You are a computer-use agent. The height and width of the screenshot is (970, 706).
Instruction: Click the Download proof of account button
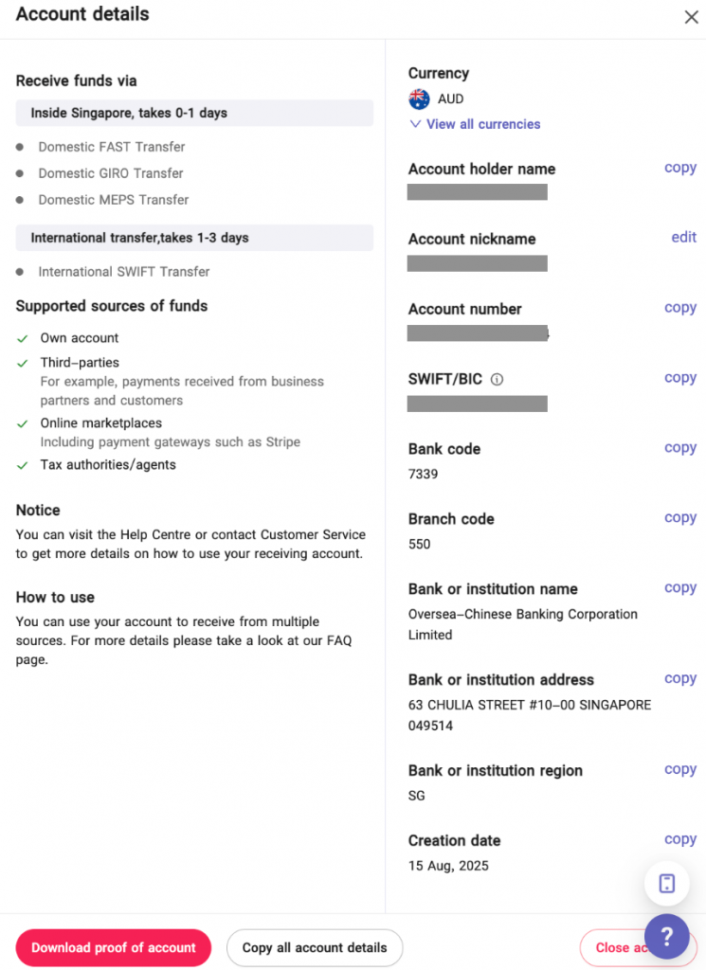pyautogui.click(x=114, y=947)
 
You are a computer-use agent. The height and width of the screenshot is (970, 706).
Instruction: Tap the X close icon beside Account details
pyautogui.click(x=691, y=17)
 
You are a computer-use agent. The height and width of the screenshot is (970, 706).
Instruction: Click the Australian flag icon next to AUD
pyautogui.click(x=419, y=99)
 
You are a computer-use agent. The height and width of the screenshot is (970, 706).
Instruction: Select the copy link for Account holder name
pyautogui.click(x=680, y=168)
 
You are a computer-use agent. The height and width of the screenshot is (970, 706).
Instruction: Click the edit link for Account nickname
pyautogui.click(x=684, y=238)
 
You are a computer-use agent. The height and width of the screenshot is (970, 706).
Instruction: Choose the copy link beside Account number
pyautogui.click(x=680, y=308)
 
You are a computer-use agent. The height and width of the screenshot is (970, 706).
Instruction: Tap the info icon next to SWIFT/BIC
pyautogui.click(x=498, y=380)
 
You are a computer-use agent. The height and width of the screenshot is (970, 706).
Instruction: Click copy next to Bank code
pyautogui.click(x=680, y=448)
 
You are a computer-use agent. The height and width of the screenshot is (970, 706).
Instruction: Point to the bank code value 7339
pyautogui.click(x=424, y=474)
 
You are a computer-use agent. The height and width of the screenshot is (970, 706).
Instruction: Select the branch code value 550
pyautogui.click(x=420, y=544)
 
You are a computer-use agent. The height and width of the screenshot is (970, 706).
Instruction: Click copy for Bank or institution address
pyautogui.click(x=680, y=678)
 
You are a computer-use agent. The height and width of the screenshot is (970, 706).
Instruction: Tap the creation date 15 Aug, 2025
pyautogui.click(x=448, y=866)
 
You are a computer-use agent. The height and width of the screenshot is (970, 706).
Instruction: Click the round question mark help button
pyautogui.click(x=667, y=937)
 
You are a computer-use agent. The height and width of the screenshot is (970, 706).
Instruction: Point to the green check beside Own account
pyautogui.click(x=23, y=338)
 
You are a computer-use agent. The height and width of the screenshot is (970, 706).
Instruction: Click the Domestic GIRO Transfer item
pyautogui.click(x=111, y=173)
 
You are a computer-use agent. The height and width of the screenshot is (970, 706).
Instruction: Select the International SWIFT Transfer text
pyautogui.click(x=124, y=272)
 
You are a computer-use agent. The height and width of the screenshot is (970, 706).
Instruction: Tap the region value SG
pyautogui.click(x=417, y=796)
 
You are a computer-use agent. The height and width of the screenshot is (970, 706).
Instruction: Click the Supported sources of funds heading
pyautogui.click(x=112, y=306)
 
